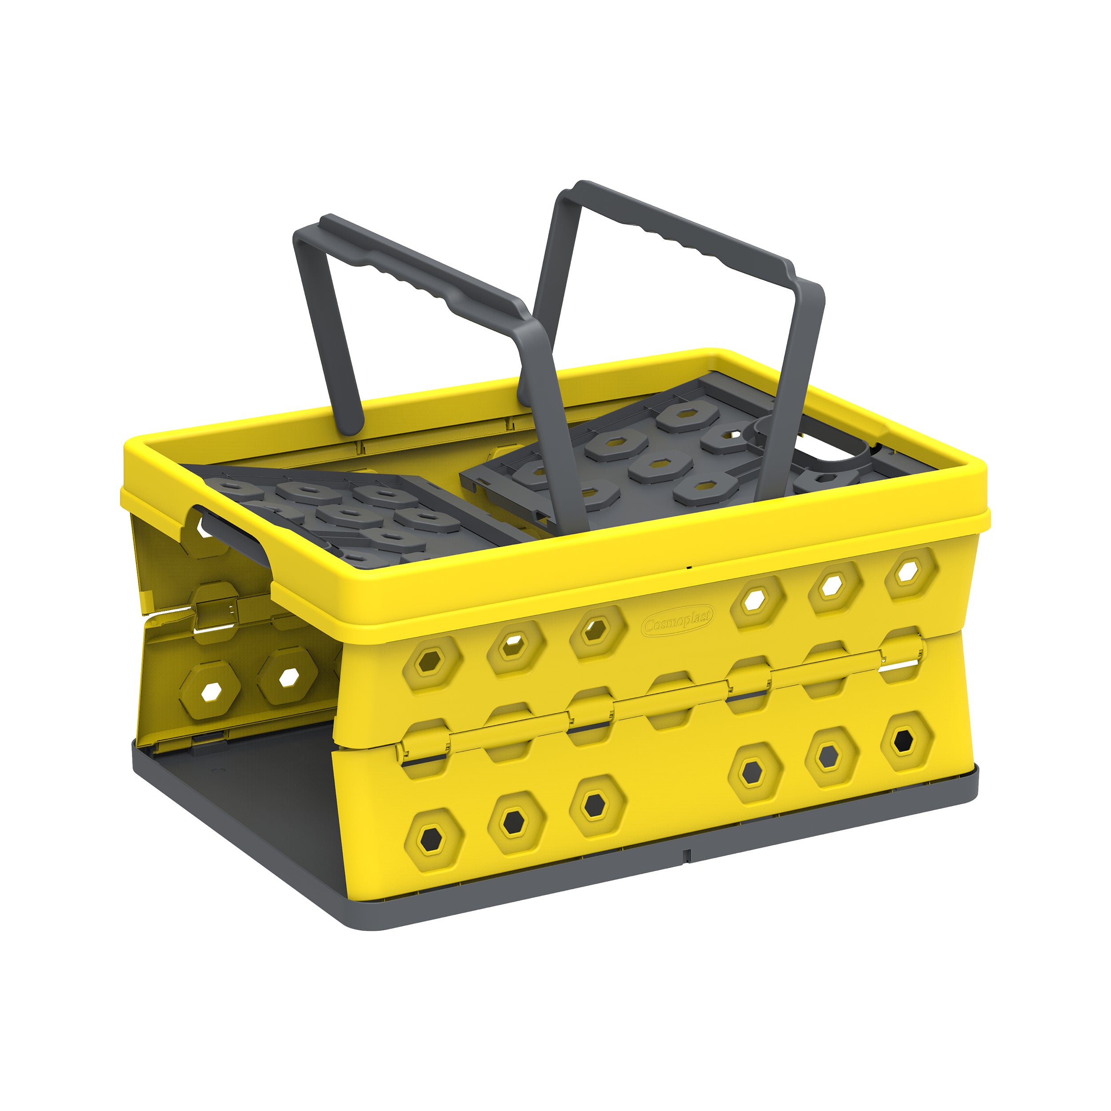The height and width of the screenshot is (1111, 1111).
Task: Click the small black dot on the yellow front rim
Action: [689, 567]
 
